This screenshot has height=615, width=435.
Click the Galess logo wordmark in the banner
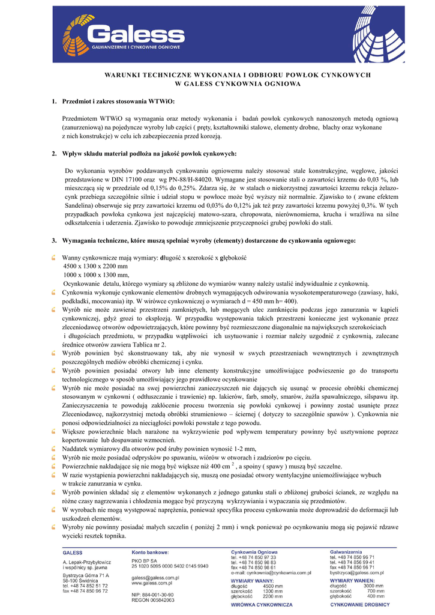[137, 35]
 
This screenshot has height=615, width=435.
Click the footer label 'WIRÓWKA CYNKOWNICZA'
[262, 605]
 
